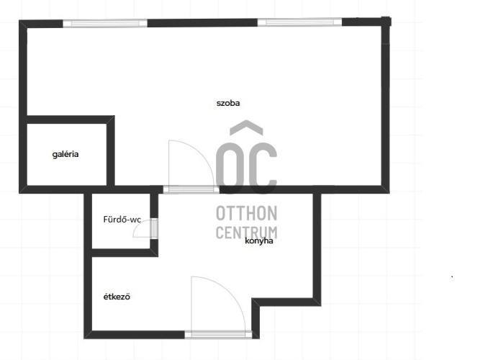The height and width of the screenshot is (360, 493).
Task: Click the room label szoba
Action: [x=228, y=103]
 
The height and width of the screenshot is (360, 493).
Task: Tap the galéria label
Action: [x=65, y=154]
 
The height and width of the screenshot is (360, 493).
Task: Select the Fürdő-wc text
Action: [x=122, y=219]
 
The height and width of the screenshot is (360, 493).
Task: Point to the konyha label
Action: [x=259, y=241]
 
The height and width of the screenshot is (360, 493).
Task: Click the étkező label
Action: [x=117, y=297]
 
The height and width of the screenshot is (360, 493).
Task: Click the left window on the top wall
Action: [x=105, y=23]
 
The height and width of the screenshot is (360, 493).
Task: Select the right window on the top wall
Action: [x=299, y=22]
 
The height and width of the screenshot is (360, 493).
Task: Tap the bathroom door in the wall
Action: [x=154, y=228]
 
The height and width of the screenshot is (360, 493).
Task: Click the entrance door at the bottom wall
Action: [x=218, y=334]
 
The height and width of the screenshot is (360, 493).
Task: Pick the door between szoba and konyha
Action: [x=191, y=189]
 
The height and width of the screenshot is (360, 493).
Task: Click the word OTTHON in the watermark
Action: [x=246, y=213]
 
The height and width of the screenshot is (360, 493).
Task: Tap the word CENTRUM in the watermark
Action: [x=246, y=233]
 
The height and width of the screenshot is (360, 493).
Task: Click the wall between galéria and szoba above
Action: [x=71, y=120]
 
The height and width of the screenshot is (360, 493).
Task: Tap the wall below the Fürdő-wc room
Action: [x=125, y=253]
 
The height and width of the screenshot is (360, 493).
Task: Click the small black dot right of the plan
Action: [x=452, y=276]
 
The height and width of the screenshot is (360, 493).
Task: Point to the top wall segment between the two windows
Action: [x=202, y=22]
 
